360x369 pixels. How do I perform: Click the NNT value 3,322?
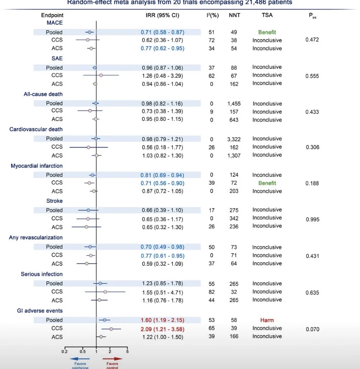(234, 139)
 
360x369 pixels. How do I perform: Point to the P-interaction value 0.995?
(312, 220)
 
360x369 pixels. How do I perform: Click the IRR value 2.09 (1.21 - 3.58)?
(162, 328)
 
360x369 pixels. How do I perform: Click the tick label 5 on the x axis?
(127, 352)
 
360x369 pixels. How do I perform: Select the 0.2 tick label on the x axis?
(65, 352)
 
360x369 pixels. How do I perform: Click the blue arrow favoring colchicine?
(80, 359)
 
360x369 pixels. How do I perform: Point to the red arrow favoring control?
(112, 359)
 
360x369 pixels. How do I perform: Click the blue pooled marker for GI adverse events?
(105, 320)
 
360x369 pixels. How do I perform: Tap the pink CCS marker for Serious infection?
(105, 292)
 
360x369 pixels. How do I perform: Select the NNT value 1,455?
(234, 104)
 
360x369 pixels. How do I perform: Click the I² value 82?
(212, 292)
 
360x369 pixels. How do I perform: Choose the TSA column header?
(267, 15)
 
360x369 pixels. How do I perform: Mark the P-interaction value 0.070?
(312, 329)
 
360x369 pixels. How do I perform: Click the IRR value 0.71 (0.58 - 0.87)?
(162, 32)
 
